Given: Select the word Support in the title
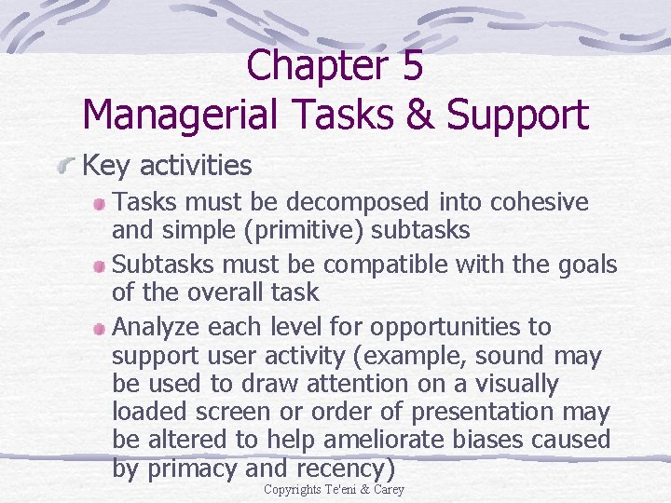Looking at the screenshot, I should (x=517, y=115).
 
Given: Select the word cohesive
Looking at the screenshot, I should (x=541, y=202).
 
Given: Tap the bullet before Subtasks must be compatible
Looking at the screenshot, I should (x=101, y=266).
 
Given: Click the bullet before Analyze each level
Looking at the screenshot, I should (x=101, y=329).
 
